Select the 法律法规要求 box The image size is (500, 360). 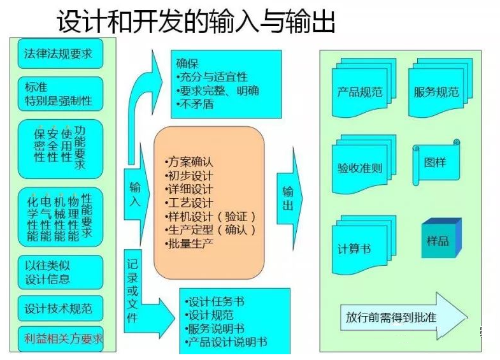pos(59,54)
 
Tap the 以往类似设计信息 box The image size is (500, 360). pos(59,272)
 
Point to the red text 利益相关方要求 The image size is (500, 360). pos(63,338)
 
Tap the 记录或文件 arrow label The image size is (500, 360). pos(132,290)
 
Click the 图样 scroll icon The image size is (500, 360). pos(435,162)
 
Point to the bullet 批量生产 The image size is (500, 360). pos(189,243)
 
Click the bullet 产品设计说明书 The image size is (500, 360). pos(225,343)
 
